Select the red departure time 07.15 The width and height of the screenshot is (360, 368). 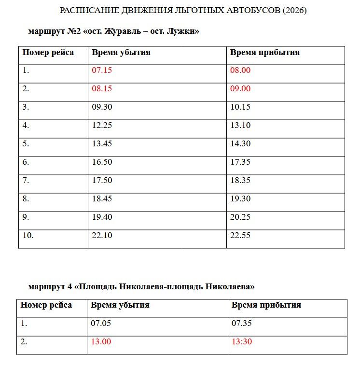coord(102,71)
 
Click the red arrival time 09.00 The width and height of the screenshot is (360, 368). coord(240,89)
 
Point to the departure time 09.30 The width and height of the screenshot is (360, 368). coord(102,107)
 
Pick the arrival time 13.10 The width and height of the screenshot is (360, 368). coord(240,126)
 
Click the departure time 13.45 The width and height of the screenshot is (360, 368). coord(102,144)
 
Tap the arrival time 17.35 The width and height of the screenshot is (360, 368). coord(240,162)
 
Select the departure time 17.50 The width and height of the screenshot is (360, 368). coord(102,181)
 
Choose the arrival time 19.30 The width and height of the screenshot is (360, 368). coord(240,199)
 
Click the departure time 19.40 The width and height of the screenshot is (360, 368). coord(102,217)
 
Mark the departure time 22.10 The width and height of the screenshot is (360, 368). coord(102,236)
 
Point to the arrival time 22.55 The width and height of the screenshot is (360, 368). coord(240,236)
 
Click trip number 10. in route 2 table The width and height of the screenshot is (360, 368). coord(28,236)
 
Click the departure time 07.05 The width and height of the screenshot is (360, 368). coord(101,324)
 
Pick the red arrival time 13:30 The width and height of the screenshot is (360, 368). coord(242,342)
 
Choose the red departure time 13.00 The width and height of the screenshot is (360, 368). coord(101,342)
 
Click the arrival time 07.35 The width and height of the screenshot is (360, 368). coord(242,324)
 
